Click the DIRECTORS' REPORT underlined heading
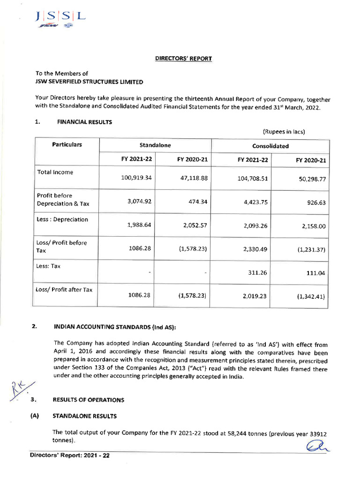pos(184,59)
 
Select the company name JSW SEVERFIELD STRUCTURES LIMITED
pos(90,82)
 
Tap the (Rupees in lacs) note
pos(284,132)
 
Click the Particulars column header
pos(67,145)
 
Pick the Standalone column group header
pos(155,146)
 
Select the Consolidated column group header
pos(270,146)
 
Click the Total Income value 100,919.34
pos(136,179)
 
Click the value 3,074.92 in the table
pos(139,202)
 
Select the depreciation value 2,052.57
pos(195,225)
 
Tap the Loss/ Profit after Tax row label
pos(64,290)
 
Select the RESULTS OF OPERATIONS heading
pos(89,400)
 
